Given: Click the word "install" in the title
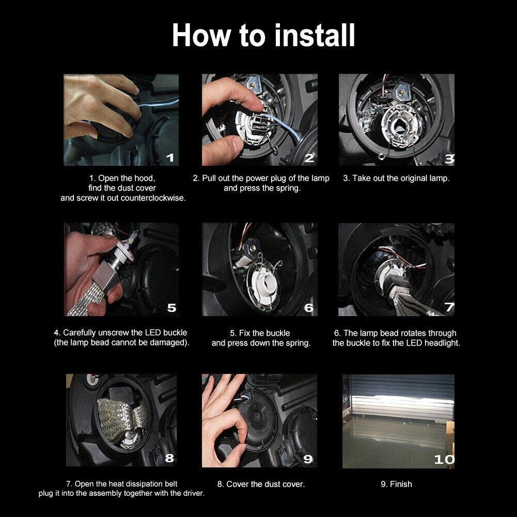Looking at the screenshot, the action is [x=315, y=35].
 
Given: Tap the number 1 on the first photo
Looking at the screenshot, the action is [x=170, y=158].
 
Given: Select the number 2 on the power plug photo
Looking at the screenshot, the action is [x=309, y=158].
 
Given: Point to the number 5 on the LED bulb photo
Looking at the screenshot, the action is [x=171, y=308].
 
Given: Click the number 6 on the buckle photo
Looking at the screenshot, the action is [x=309, y=308].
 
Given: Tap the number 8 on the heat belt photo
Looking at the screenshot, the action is [x=169, y=458].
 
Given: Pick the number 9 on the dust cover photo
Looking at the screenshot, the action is [x=308, y=459].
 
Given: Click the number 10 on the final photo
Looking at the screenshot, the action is [x=444, y=459].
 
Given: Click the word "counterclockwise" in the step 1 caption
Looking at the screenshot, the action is [x=153, y=198].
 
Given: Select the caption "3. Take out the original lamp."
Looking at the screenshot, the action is [x=396, y=178].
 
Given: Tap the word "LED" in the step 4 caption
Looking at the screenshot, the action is [x=153, y=333].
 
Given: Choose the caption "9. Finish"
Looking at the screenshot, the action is [x=396, y=484].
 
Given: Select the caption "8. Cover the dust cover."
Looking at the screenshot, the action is [x=261, y=484].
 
